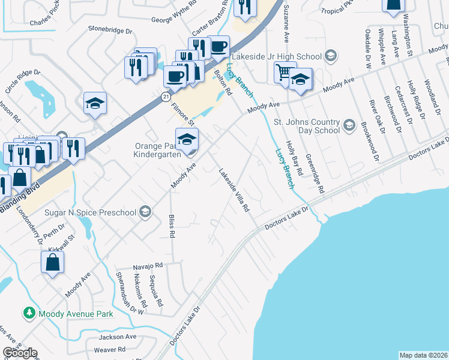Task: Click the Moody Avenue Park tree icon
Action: (x=28, y=313)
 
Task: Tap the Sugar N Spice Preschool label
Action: (x=91, y=211)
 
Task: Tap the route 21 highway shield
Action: (x=165, y=96)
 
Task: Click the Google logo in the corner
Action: (x=20, y=353)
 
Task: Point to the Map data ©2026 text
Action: (x=423, y=355)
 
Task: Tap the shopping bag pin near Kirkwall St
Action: (x=53, y=262)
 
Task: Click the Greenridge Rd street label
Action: (x=315, y=173)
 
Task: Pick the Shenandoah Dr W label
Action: (x=130, y=292)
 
